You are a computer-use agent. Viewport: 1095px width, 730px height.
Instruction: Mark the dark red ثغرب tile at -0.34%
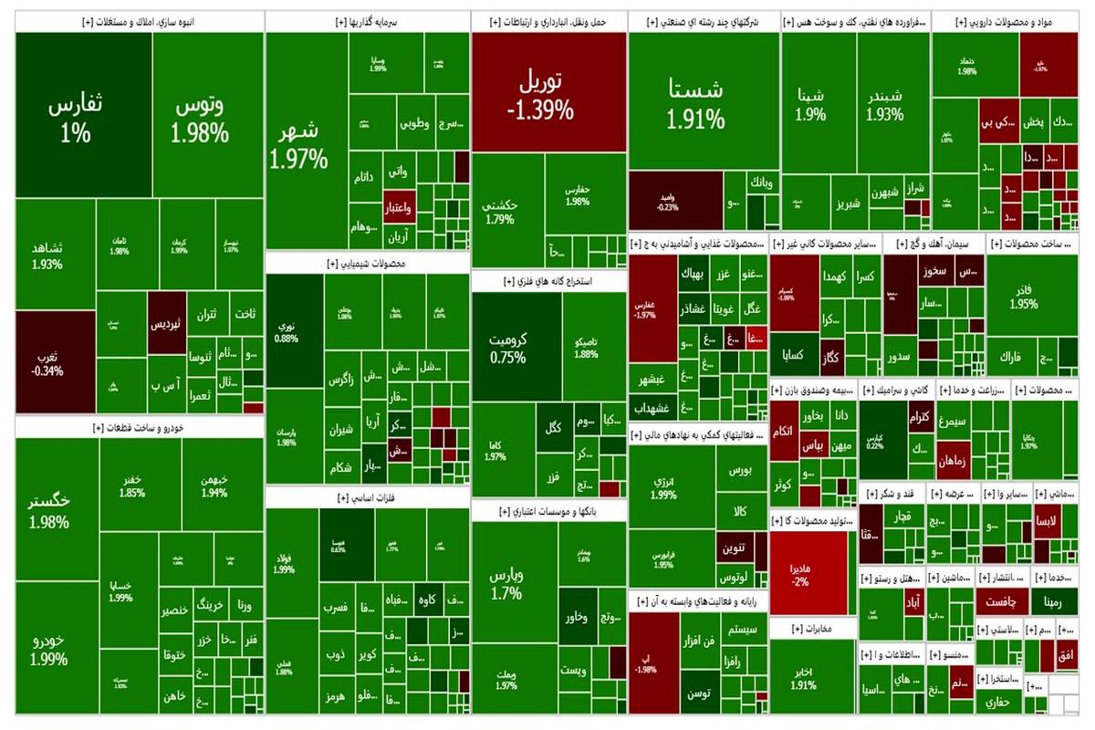pos(52,361)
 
